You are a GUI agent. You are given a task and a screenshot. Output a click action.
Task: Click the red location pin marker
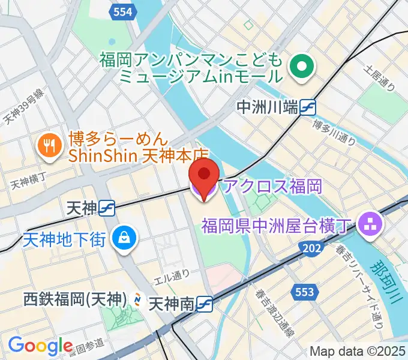204,175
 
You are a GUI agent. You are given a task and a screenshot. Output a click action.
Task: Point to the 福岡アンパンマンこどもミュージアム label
191,68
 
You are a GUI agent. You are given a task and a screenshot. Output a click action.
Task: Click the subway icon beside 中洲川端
309,107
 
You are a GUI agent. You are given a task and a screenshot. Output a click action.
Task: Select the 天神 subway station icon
108,208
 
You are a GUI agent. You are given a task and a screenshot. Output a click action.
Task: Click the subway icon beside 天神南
206,304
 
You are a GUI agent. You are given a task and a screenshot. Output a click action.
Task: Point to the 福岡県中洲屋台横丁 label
275,226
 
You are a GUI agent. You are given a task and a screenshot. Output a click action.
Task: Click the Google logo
40,346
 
